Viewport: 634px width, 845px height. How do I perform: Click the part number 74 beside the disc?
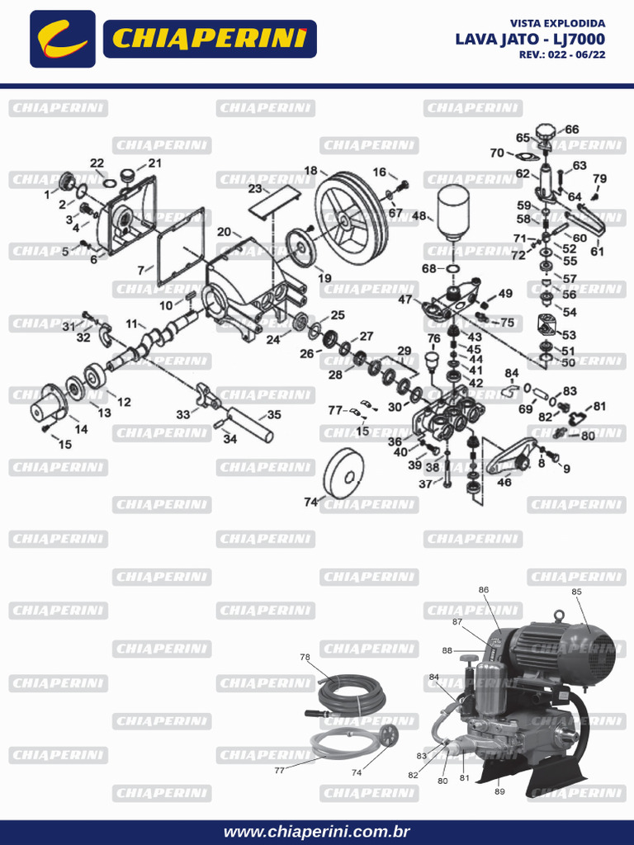pyautogui.click(x=310, y=502)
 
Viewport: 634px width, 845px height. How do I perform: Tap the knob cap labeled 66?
pyautogui.click(x=546, y=133)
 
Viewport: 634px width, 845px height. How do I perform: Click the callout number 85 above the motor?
pyautogui.click(x=576, y=592)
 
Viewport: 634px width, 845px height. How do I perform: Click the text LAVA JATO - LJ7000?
pyautogui.click(x=529, y=39)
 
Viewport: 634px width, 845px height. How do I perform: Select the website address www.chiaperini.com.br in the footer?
pyautogui.click(x=317, y=832)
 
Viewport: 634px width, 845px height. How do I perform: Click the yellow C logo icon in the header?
pyautogui.click(x=63, y=39)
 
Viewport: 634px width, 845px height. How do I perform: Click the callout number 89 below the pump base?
pyautogui.click(x=499, y=791)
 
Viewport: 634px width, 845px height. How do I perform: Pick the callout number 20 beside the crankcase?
pyautogui.click(x=224, y=232)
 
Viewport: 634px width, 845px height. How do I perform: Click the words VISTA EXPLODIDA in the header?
pyautogui.click(x=557, y=23)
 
